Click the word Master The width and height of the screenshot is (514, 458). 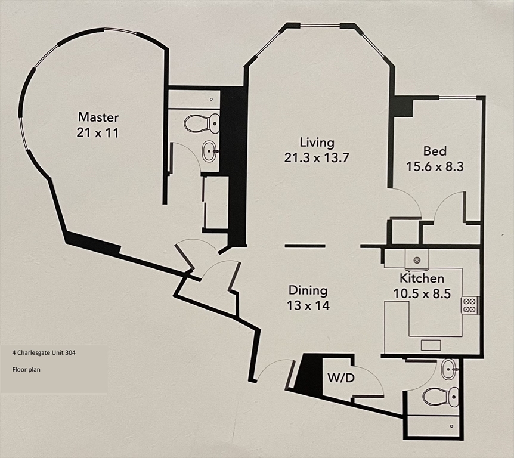(x=98, y=117)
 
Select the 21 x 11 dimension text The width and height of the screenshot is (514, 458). (x=98, y=132)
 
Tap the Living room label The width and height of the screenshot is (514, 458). (x=317, y=143)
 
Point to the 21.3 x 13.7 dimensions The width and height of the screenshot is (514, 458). (x=317, y=158)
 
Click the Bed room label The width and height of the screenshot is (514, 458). (x=435, y=151)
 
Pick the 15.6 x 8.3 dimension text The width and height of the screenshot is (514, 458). (x=435, y=167)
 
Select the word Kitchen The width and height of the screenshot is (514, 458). (x=422, y=278)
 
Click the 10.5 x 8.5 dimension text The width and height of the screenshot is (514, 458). (x=422, y=293)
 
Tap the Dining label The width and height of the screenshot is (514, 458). (x=308, y=290)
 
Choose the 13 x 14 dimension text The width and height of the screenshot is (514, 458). (x=308, y=306)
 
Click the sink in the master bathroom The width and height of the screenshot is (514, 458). (x=210, y=151)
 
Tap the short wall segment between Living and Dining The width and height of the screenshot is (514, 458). (x=305, y=246)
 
